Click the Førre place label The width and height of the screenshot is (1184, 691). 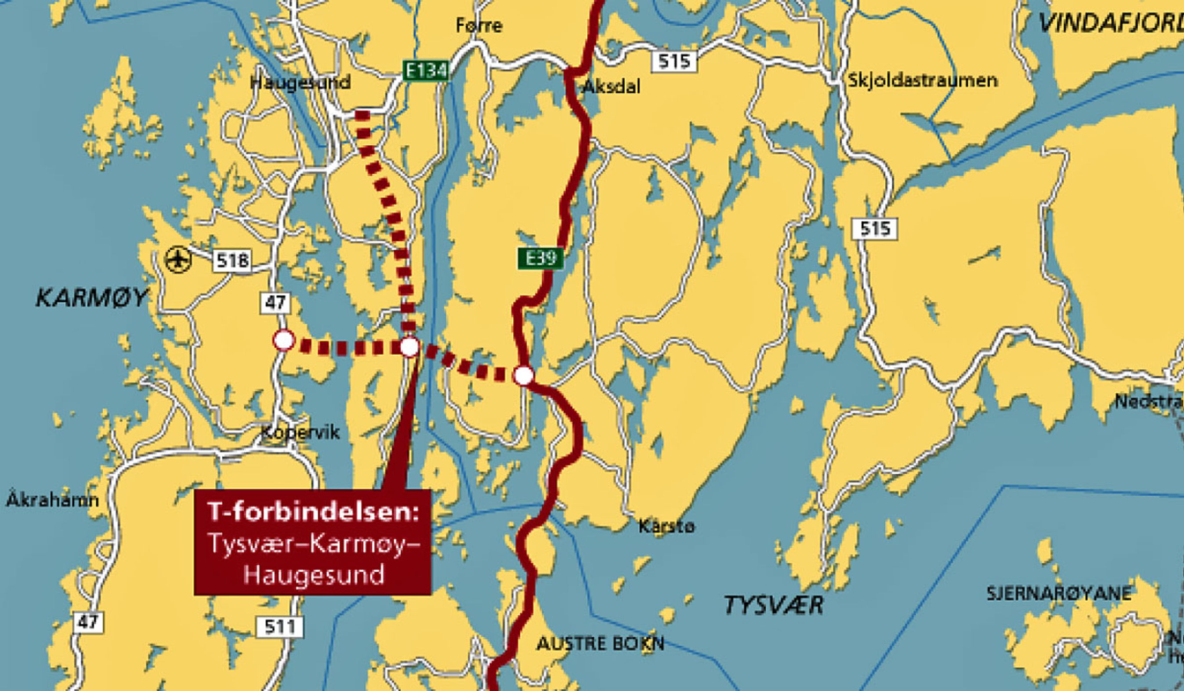pos(479,25)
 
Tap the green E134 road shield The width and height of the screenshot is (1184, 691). pos(426,71)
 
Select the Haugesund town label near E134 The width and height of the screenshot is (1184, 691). pos(300,83)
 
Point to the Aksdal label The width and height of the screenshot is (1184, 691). pos(611,87)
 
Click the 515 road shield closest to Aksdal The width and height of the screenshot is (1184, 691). pos(674,62)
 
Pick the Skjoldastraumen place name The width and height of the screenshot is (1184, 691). pos(922,80)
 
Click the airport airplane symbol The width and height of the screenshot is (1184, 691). pos(178,259)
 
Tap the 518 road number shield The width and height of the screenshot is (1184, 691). pos(232,260)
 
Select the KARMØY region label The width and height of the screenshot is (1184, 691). pos(92,298)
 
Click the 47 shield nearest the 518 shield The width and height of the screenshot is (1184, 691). pos(275,303)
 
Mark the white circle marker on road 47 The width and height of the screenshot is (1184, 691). pos(284,340)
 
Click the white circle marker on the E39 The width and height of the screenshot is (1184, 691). pos(523,375)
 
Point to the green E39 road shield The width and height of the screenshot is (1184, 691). pos(540,258)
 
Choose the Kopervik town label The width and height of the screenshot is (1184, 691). pos(300,433)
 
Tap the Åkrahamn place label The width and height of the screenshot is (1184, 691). pos(52,500)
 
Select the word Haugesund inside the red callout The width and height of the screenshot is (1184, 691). pos(313,575)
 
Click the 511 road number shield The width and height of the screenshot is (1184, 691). pos(279,626)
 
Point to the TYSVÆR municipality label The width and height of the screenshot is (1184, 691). pos(773,605)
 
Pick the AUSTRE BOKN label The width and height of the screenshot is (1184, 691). pos(601,644)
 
